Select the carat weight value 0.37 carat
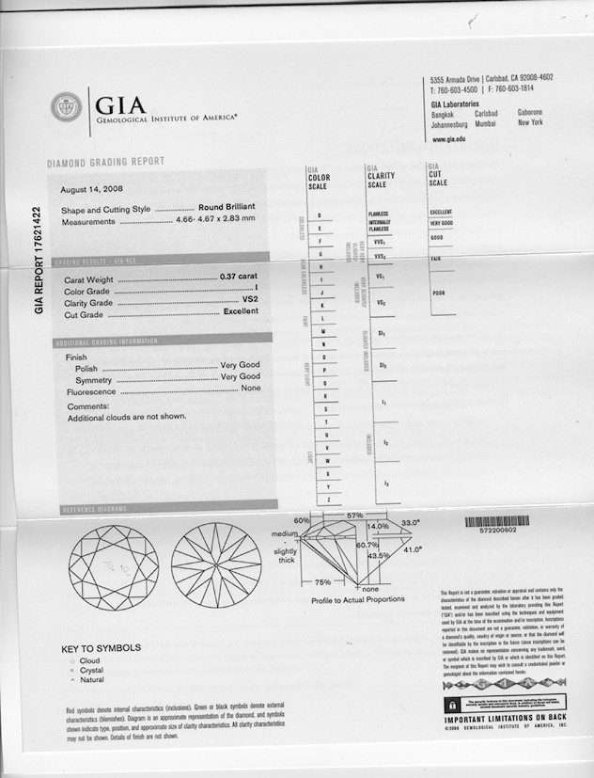[239, 278]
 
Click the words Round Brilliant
[228, 209]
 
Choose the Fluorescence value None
[250, 389]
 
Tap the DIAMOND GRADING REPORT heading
[105, 163]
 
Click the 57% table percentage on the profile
[354, 516]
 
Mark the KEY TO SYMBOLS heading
[101, 648]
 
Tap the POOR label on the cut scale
[438, 292]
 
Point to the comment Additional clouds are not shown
[127, 417]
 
